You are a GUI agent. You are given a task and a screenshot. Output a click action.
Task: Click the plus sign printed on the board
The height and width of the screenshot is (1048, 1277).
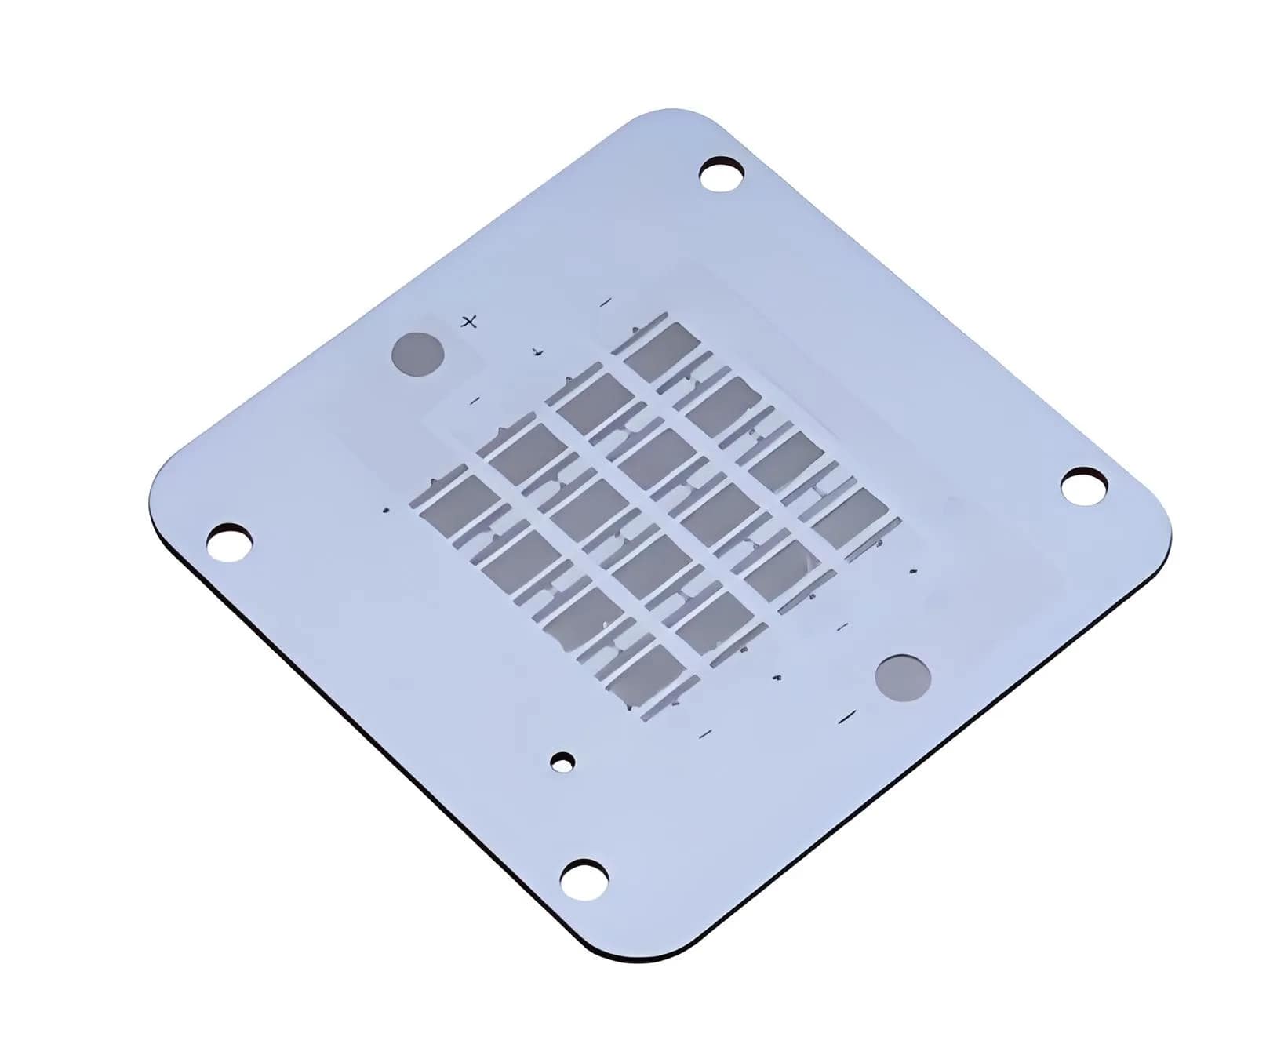point(469,322)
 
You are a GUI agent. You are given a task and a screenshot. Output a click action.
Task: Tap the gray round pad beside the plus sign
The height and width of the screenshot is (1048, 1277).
point(418,354)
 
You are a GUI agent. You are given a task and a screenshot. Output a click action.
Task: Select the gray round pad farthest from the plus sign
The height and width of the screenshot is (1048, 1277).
point(903,675)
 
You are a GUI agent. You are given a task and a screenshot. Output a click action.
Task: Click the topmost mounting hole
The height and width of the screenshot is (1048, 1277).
point(722,173)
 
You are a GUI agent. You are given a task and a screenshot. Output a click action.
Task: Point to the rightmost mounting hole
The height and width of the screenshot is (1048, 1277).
point(1084,485)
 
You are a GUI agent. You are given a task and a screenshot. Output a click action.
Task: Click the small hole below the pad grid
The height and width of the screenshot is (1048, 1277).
point(562,762)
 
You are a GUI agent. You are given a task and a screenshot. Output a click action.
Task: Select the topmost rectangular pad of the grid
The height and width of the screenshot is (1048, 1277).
point(664,351)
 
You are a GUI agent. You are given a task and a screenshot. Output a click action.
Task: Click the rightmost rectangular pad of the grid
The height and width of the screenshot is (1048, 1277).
point(851,516)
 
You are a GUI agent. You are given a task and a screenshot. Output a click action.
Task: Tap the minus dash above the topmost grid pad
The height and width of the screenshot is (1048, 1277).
point(605,302)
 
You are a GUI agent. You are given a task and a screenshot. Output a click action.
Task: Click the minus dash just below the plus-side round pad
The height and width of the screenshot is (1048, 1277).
point(475,401)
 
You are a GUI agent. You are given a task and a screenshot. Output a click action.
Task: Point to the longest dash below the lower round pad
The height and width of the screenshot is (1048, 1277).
point(847,715)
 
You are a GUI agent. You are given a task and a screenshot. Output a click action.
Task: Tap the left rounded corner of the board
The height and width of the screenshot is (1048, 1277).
point(157,502)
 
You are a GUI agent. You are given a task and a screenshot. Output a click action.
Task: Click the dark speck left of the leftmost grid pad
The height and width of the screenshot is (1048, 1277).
point(386,511)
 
